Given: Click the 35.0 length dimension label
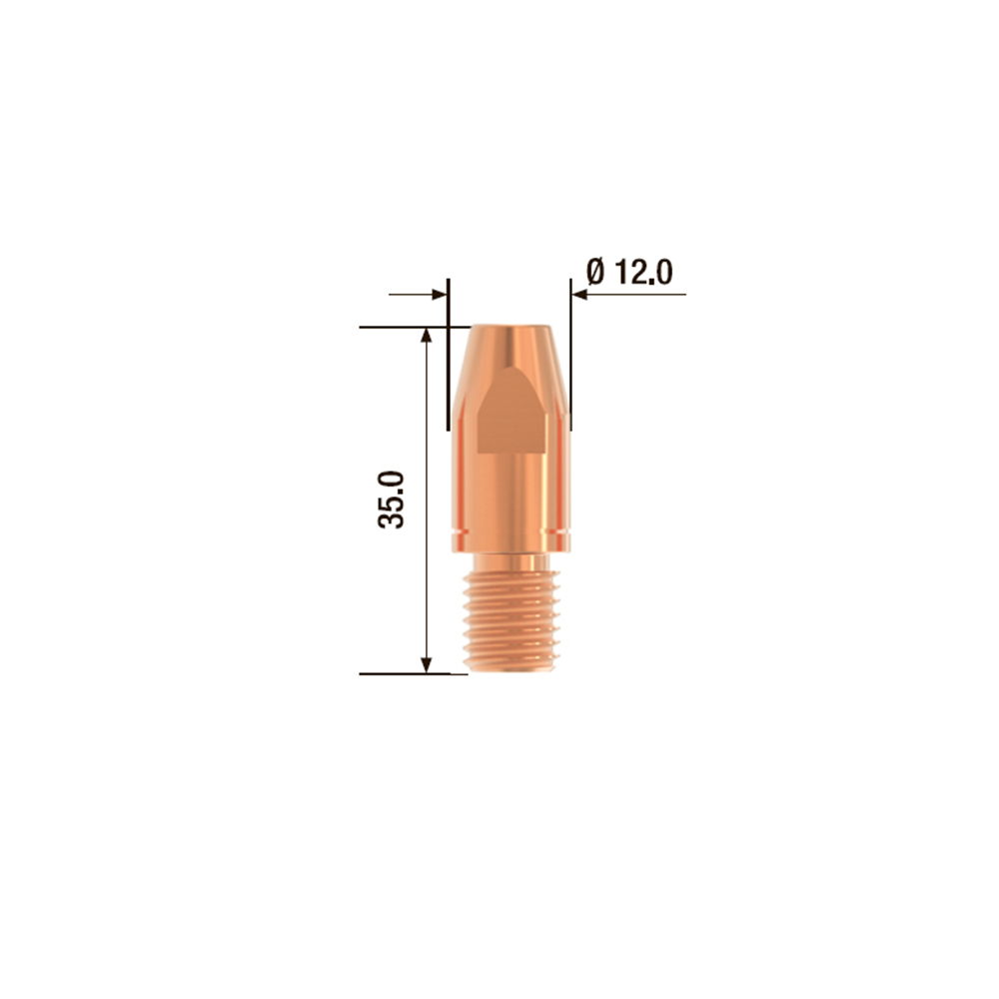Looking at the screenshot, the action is tap(392, 499).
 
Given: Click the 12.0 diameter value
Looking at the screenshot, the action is tap(643, 272).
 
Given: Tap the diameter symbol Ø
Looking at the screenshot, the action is tap(595, 272).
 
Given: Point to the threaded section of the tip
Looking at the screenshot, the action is tap(511, 620).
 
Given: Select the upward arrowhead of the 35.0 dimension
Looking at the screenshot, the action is tap(427, 336).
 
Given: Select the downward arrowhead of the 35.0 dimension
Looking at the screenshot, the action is tap(427, 664).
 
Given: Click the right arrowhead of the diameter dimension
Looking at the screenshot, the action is tap(579, 295).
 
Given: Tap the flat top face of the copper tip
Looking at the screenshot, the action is tap(510, 327).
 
